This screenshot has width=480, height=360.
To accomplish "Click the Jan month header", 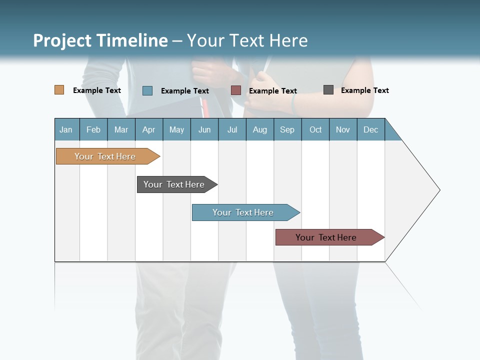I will [66, 129].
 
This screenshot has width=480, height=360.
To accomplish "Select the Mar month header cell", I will [121, 129].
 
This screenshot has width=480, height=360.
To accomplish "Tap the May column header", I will [176, 129].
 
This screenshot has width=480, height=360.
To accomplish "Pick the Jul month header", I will [232, 129].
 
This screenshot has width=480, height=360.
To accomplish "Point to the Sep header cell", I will [287, 129].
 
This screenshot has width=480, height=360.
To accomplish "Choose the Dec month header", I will [370, 129].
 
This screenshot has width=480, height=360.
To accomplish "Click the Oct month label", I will [315, 129].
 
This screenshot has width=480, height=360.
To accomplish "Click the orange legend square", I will [59, 90].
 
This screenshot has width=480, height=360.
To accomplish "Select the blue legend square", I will [147, 90].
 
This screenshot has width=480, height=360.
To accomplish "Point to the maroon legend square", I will [236, 90].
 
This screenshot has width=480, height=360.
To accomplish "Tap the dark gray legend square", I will [328, 90].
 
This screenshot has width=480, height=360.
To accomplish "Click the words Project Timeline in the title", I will [100, 40].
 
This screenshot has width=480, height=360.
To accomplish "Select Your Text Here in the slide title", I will [247, 40].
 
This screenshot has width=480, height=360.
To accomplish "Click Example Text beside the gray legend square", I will [364, 90].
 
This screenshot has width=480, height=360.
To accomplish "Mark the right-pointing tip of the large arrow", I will [438, 190].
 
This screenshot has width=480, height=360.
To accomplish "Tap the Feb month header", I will [93, 129].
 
